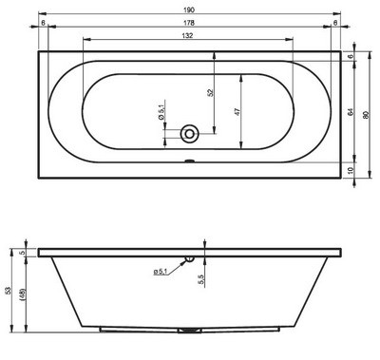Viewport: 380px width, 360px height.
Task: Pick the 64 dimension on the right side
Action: point(350,111)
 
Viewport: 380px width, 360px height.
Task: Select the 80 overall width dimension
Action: point(366,111)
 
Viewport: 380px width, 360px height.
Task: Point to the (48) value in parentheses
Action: point(26,298)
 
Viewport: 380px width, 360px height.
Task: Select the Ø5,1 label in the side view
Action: point(161,273)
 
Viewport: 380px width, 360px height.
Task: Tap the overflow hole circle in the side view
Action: point(189,256)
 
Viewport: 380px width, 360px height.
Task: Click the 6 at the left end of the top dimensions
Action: point(44,24)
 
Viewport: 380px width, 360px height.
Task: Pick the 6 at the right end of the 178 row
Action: point(335,24)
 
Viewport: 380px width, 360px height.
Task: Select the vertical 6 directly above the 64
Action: point(350,57)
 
